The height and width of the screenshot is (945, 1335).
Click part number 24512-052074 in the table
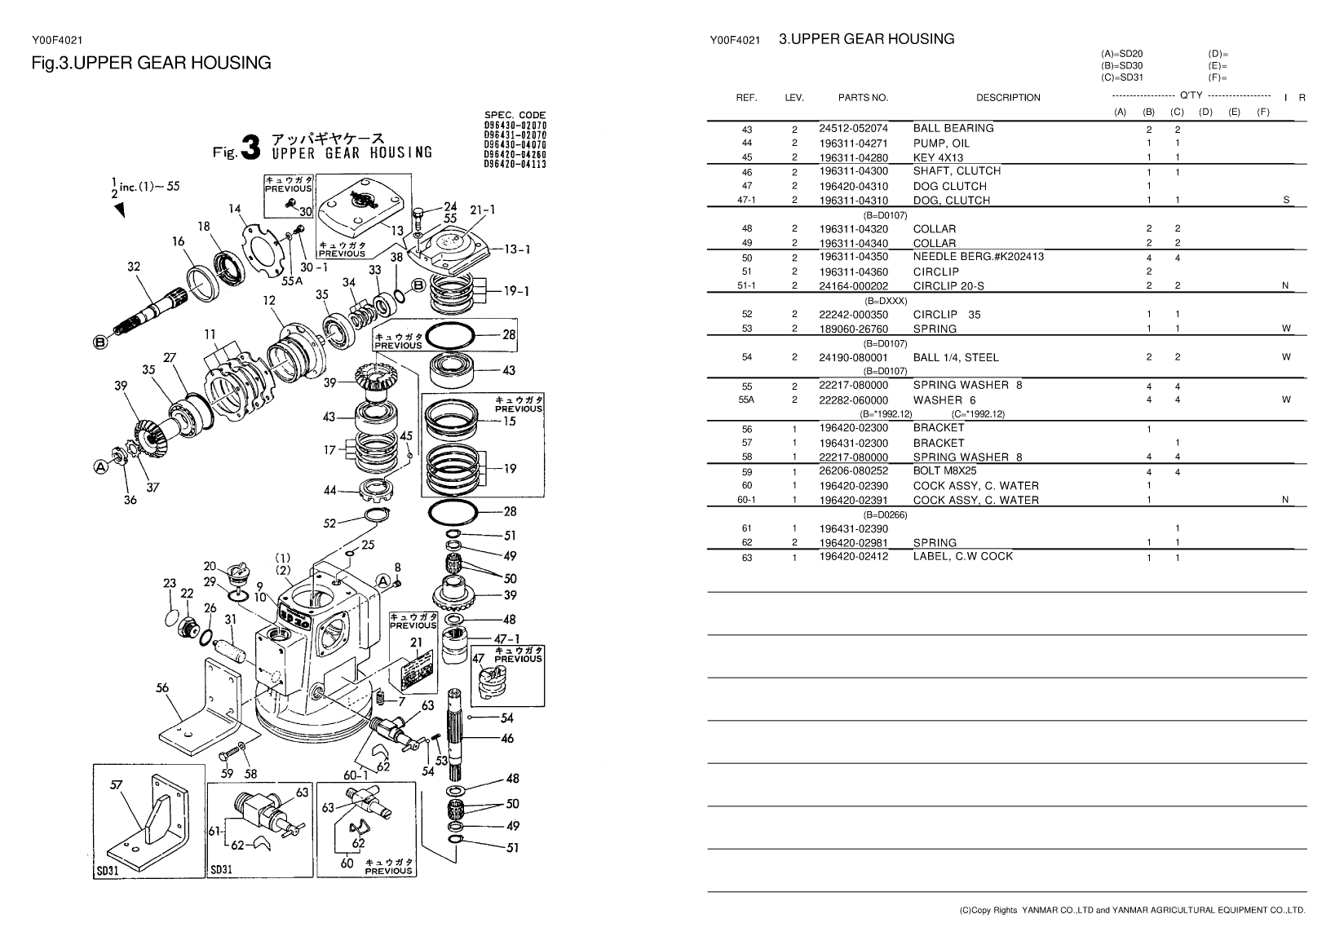tap(853, 129)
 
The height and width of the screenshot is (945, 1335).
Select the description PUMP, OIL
tap(941, 144)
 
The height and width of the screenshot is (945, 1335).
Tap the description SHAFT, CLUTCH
tap(957, 171)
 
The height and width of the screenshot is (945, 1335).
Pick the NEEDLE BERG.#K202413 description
tap(978, 257)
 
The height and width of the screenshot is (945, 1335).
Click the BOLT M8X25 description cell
tap(944, 470)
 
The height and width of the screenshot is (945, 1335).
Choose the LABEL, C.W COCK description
tap(962, 556)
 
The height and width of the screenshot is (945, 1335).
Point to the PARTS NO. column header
tap(863, 98)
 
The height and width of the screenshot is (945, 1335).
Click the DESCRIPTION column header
tap(1008, 98)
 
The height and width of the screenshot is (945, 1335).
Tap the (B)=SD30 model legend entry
tap(1121, 66)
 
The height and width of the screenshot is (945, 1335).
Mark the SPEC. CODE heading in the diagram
tap(515, 115)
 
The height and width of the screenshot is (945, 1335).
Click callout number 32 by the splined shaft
tap(134, 266)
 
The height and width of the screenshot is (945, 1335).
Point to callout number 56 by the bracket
tap(162, 687)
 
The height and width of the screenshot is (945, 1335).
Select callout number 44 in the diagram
tap(329, 491)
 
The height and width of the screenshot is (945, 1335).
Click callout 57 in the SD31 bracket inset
tap(117, 784)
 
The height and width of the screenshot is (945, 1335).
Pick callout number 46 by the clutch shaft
tap(506, 739)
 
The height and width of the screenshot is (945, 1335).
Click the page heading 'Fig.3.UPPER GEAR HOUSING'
tap(151, 63)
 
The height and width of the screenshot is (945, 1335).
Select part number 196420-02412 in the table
tap(853, 557)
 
